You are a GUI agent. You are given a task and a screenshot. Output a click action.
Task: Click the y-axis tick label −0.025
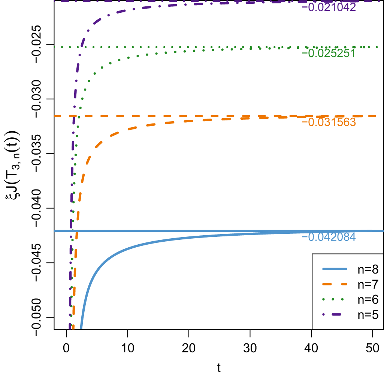tap(40, 44)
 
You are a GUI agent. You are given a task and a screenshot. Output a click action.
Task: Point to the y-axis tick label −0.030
tap(40, 99)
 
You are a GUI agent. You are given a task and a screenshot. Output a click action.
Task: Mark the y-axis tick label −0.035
tap(40, 153)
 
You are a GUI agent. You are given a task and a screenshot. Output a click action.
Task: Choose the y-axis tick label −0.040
tap(40, 208)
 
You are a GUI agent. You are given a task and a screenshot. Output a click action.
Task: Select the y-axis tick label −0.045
tap(40, 263)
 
